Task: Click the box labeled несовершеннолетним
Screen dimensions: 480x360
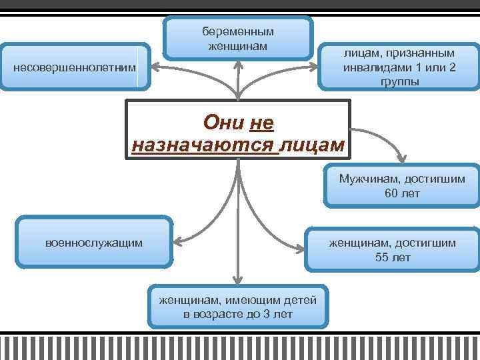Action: pyautogui.click(x=73, y=68)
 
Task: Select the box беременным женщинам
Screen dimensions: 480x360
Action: pyautogui.click(x=238, y=38)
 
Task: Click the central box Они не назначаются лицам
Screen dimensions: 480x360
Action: pyautogui.click(x=238, y=129)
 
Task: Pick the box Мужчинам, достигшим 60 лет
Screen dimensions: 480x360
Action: pyautogui.click(x=402, y=186)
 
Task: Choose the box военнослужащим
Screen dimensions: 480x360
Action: pyautogui.click(x=94, y=243)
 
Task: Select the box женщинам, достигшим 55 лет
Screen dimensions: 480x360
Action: pyautogui.click(x=393, y=250)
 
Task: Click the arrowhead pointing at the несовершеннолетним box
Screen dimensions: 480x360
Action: pyautogui.click(x=154, y=67)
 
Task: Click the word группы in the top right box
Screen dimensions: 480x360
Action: pyautogui.click(x=400, y=81)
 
